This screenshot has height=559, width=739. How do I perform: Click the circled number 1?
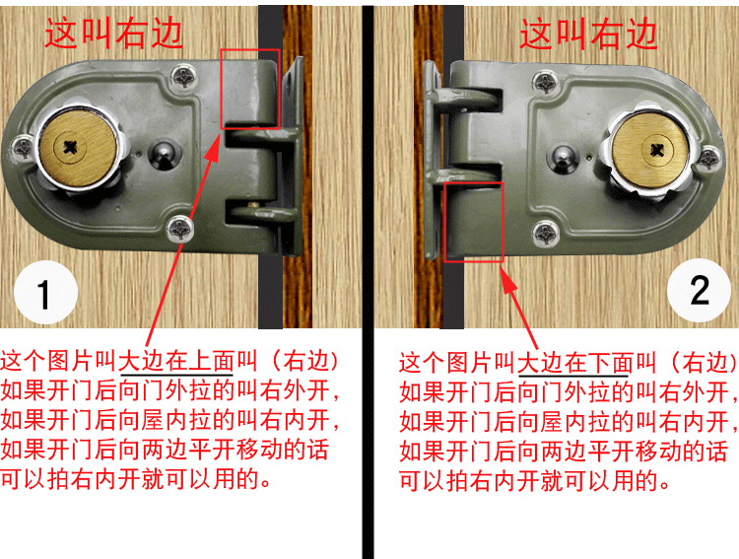point(43,294)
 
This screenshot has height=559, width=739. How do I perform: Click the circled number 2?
point(699,290)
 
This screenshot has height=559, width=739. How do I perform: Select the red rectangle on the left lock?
point(250,88)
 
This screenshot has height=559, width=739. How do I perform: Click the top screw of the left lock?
point(184,75)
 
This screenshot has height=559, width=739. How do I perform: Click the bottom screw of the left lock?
point(179,227)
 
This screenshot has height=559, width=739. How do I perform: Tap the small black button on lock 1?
point(164,153)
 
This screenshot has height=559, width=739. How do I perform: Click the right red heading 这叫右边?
point(588,35)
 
